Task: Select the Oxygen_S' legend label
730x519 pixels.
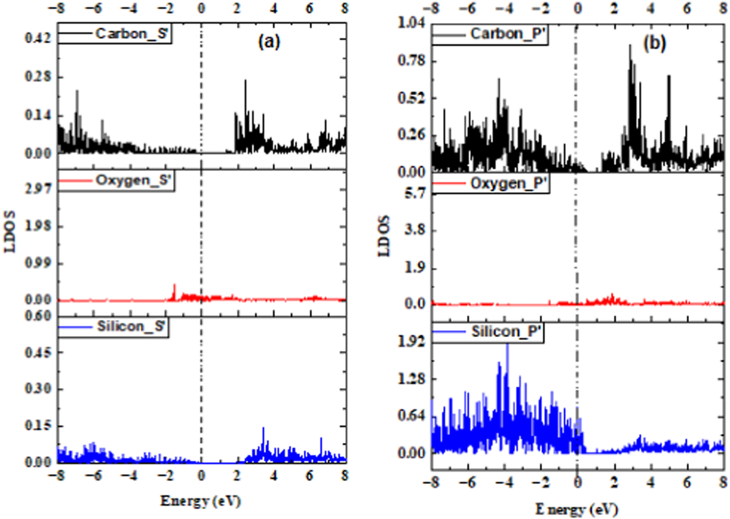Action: click(x=133, y=180)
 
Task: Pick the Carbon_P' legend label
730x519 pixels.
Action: click(x=508, y=34)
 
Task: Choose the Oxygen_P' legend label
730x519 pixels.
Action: click(x=509, y=183)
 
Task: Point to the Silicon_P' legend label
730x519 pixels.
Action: click(x=506, y=332)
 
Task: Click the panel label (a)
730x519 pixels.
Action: click(x=269, y=42)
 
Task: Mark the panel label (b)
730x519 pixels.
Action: click(x=654, y=43)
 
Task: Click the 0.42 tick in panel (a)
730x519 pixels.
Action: click(x=38, y=38)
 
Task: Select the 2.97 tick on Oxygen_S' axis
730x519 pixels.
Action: click(x=38, y=189)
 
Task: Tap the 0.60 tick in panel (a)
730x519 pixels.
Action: click(x=38, y=316)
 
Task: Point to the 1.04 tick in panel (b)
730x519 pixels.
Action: click(x=411, y=23)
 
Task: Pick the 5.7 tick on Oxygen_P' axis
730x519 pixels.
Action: click(x=415, y=194)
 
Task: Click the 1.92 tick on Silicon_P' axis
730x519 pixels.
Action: click(x=411, y=341)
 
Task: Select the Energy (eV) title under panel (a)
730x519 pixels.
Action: click(x=201, y=501)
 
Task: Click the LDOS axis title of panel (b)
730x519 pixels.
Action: click(x=384, y=236)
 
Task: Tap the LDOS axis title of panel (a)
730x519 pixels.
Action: click(x=10, y=232)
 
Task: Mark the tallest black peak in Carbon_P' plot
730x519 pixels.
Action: click(x=630, y=46)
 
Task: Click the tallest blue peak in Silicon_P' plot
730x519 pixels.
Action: click(x=507, y=345)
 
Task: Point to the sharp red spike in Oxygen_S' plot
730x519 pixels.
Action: click(x=174, y=286)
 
